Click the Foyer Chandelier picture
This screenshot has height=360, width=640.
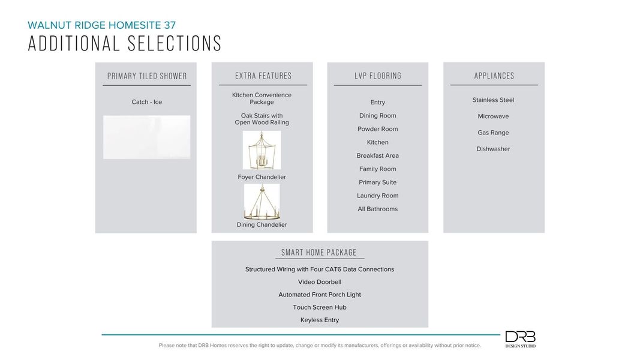pos(262,150)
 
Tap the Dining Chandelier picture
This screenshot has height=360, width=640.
pos(262,202)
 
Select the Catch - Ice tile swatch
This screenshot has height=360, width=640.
pos(146,137)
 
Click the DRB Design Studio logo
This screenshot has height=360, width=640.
pos(520,339)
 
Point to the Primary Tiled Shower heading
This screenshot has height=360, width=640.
pos(147,76)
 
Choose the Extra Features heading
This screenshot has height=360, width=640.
pos(263,76)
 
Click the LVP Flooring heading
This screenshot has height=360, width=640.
pos(378,76)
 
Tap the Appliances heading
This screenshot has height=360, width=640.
pos(494,76)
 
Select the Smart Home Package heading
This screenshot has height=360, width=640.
pos(319,253)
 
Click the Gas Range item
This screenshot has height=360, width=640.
pos(493,133)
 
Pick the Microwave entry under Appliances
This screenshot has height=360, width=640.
pos(493,116)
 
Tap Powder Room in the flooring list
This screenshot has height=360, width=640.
pos(378,129)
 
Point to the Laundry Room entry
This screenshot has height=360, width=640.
pos(378,196)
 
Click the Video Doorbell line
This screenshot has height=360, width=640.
pos(320,282)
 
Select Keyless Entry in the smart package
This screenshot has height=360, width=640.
pos(320,320)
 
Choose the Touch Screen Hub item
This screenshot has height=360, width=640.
pos(320,307)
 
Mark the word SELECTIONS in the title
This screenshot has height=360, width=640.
pos(173,44)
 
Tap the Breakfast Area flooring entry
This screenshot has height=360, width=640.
pos(378,155)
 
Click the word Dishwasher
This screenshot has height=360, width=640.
pos(493,149)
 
